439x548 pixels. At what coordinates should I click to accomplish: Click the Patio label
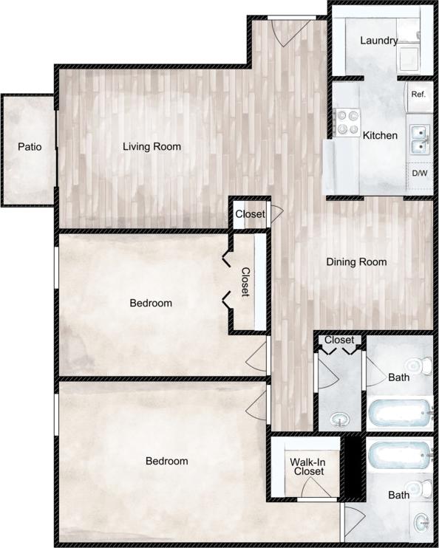click(x=30, y=146)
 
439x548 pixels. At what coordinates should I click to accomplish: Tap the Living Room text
click(x=152, y=146)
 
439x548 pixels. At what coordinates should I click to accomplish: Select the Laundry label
click(x=378, y=41)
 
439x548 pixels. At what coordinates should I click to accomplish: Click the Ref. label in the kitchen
click(x=418, y=94)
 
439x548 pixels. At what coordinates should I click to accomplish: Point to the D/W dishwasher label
click(x=419, y=173)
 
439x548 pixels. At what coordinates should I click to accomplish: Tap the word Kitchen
click(x=380, y=135)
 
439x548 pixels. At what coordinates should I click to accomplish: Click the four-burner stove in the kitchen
click(x=346, y=123)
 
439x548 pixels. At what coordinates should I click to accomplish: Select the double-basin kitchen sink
click(x=418, y=139)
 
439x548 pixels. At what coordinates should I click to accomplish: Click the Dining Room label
click(x=357, y=261)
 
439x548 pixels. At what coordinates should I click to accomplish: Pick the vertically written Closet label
click(x=245, y=281)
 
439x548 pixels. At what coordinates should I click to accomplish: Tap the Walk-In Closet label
click(x=308, y=466)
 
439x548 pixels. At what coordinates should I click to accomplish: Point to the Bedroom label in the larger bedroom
click(x=166, y=461)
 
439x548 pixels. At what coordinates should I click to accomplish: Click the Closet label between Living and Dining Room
click(x=250, y=214)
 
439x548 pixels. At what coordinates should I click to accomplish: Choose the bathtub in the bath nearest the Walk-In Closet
click(x=399, y=452)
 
